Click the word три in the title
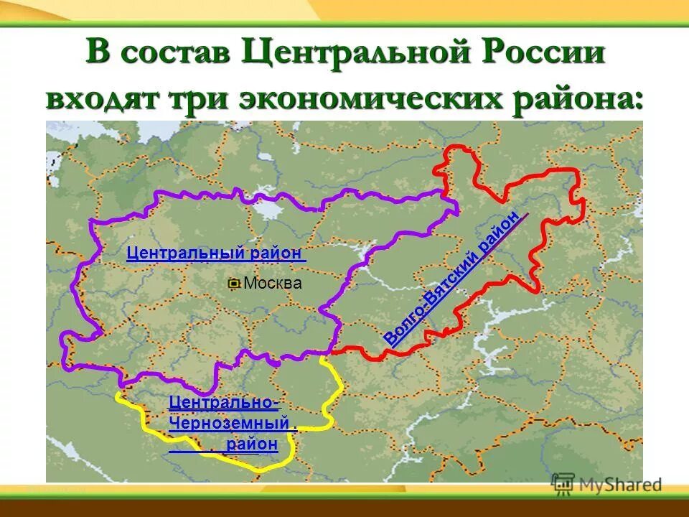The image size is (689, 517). pyautogui.click(x=202, y=98)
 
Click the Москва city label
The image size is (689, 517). pyautogui.click(x=273, y=284)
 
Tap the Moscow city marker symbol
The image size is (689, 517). pyautogui.click(x=233, y=284)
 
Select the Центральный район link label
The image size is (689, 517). pyautogui.click(x=216, y=253)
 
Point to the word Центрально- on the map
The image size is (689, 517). pyautogui.click(x=224, y=403)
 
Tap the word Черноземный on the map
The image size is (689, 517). pyautogui.click(x=231, y=424)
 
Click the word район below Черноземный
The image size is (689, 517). pyautogui.click(x=250, y=444)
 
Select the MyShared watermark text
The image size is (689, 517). pyautogui.click(x=620, y=485)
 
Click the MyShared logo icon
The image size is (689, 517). pyautogui.click(x=563, y=483)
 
